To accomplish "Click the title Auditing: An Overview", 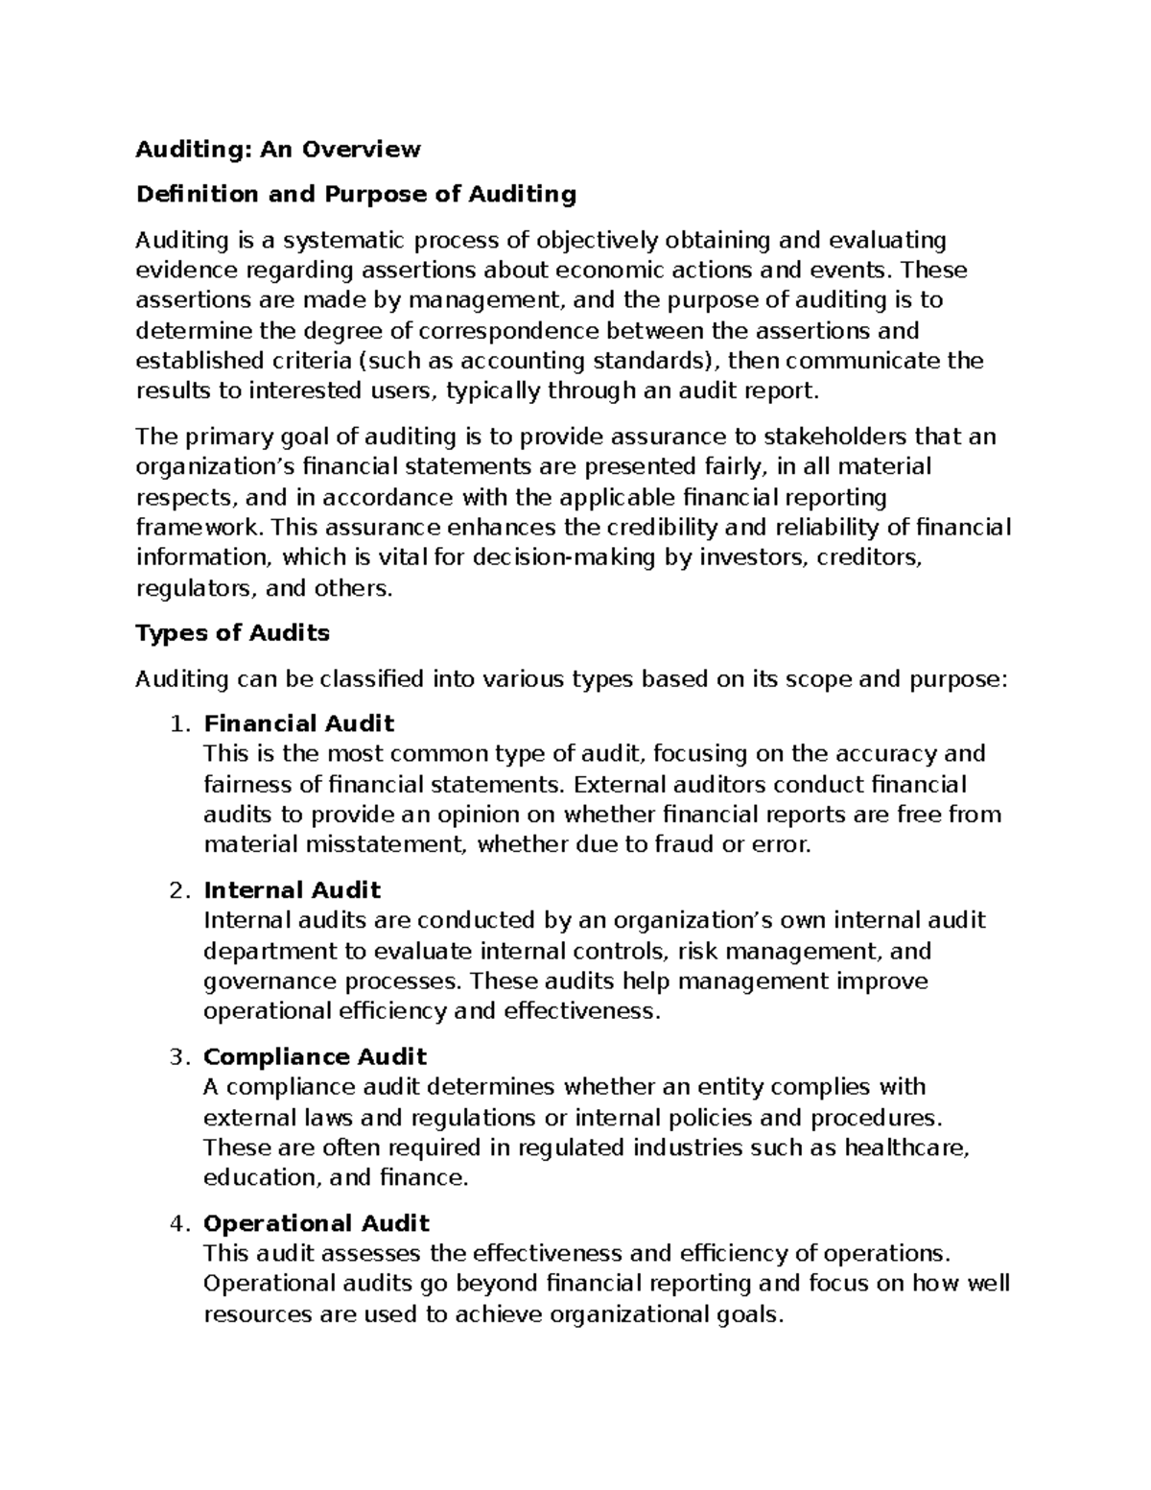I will coord(278,149).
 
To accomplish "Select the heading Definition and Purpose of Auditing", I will coord(356,194).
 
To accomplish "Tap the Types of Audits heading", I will coord(232,632).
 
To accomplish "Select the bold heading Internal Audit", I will coord(293,889).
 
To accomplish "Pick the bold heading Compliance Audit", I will coord(315,1056).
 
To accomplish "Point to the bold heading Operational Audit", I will coord(317,1223).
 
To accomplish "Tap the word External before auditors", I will coord(616,784).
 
